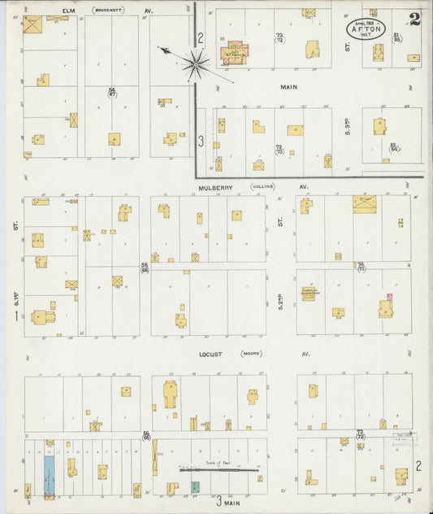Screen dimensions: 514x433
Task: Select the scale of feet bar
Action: tap(219, 469)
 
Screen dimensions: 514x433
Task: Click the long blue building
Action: tap(49, 473)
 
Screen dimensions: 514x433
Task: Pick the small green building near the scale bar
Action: tap(195, 486)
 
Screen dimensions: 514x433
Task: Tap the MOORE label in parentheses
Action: tap(251, 355)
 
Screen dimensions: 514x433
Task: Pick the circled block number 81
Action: tap(396, 37)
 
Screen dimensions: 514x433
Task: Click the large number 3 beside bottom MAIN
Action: tap(218, 502)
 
